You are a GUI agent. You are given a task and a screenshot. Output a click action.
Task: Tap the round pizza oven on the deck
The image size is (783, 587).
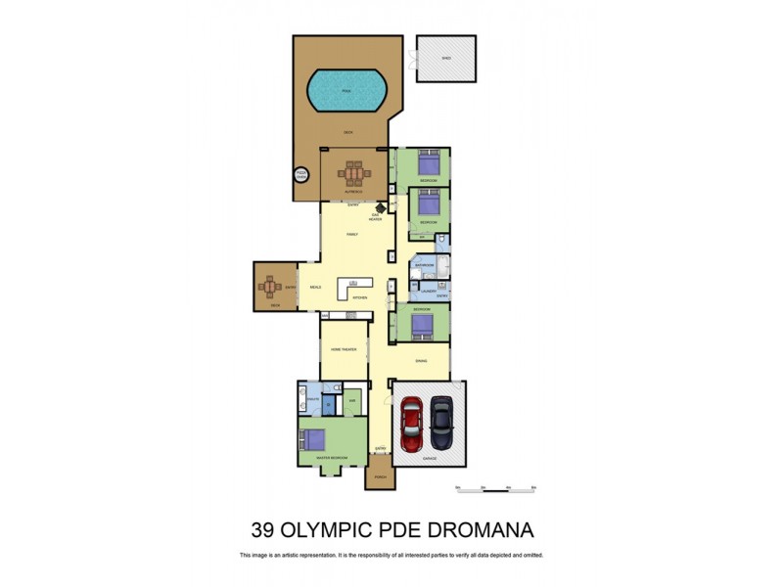click(301, 175)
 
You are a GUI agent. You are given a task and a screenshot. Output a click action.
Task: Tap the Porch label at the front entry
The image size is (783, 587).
click(379, 478)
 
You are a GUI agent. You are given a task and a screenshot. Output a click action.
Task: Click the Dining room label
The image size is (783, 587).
click(421, 360)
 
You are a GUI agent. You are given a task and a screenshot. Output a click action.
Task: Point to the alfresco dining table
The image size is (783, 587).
click(352, 175)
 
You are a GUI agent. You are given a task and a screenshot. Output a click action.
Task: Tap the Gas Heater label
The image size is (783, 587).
click(389, 214)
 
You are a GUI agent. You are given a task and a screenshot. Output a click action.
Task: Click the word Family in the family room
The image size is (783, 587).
click(352, 235)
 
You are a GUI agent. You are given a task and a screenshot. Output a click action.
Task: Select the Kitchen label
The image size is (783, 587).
click(359, 297)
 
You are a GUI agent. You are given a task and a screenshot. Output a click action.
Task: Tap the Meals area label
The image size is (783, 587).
click(315, 287)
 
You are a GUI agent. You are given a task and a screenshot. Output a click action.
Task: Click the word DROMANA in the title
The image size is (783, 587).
click(474, 532)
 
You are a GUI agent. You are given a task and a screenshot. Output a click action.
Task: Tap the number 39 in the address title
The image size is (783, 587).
click(262, 532)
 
